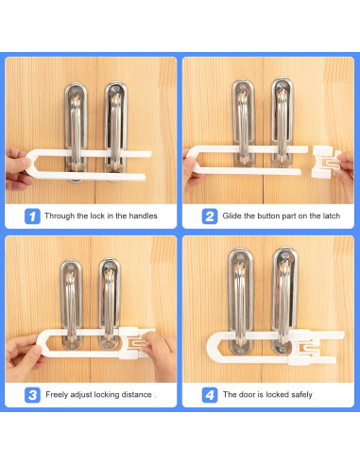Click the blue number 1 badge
pos(32,216)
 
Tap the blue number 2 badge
pos(210,216)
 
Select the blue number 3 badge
pos(32,395)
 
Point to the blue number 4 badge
pos(210,395)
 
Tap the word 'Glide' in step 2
pos(232,215)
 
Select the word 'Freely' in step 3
pos(57,395)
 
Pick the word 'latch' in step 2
pos(332,215)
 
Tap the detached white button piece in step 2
pos(324,162)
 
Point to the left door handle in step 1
pos(76,132)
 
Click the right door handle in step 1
pos(116,129)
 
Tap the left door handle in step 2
pos(244,123)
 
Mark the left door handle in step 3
pos(71,304)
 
